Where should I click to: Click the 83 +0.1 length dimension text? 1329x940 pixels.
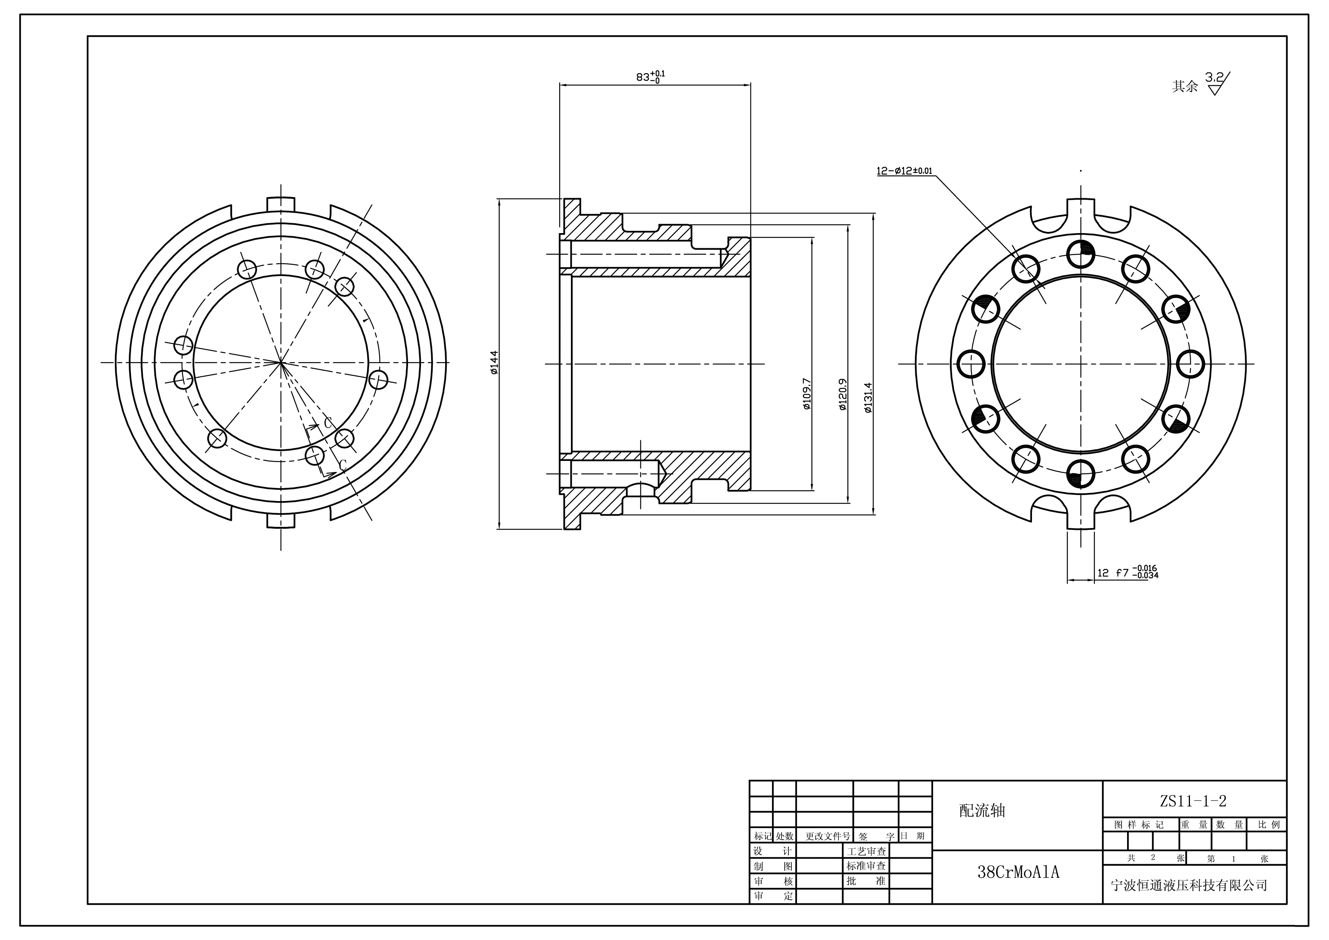(650, 77)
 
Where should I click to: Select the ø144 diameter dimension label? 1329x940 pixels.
(494, 363)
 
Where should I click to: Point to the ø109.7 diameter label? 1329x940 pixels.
(807, 393)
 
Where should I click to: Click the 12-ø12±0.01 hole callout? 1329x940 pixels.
(904, 171)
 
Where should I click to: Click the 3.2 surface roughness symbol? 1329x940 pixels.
(1217, 83)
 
